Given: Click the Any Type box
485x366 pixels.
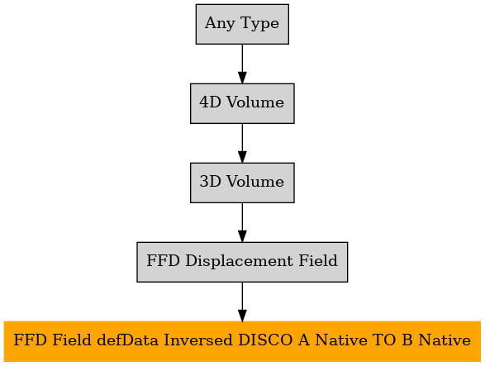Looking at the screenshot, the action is click(x=242, y=24).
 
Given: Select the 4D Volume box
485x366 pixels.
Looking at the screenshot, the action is click(x=242, y=103).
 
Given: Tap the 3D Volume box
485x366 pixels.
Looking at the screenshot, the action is click(x=242, y=183).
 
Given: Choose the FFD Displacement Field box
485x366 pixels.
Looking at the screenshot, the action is click(x=242, y=262).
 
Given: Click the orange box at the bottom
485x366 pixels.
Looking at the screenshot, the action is click(x=242, y=341).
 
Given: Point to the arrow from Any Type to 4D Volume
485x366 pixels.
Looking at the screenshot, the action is click(x=242, y=64).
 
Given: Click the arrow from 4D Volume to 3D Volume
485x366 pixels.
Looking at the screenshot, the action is click(x=242, y=143).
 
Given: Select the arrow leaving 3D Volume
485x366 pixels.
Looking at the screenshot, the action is click(x=242, y=222).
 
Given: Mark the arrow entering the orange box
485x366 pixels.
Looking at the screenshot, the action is click(x=242, y=302).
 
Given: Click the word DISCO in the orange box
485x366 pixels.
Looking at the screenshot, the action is click(x=265, y=340).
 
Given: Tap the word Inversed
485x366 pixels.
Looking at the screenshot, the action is click(x=197, y=340).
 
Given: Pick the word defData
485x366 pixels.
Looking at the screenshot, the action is click(x=127, y=340).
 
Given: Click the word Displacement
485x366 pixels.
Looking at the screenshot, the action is click(x=239, y=261).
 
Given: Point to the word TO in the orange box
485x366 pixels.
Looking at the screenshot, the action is click(x=384, y=340).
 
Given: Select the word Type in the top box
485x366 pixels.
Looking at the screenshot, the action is click(x=259, y=23).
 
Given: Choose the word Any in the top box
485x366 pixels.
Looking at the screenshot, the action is click(x=220, y=23).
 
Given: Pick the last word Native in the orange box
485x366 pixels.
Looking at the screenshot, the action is click(x=445, y=340).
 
